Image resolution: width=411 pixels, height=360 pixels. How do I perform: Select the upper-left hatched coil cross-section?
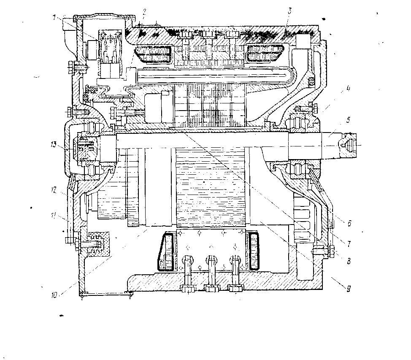(x=156, y=55)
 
